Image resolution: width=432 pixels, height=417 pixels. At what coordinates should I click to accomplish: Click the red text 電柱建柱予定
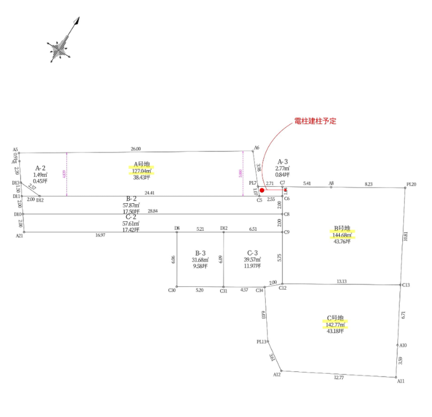(x=315, y=121)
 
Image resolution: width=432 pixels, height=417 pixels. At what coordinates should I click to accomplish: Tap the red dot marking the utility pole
(x=262, y=190)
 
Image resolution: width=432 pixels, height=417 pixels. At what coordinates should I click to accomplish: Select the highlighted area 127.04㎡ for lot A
(x=141, y=171)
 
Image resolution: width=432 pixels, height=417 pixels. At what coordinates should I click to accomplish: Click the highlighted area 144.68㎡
(x=342, y=235)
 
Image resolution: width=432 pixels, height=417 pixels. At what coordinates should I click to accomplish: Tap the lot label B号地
(x=342, y=228)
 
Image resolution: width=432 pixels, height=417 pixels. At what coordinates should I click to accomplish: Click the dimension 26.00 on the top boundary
(x=135, y=149)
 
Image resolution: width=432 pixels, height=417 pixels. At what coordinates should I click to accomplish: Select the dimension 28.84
(x=153, y=210)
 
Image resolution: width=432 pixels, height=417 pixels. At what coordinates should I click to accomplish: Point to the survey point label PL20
(x=410, y=185)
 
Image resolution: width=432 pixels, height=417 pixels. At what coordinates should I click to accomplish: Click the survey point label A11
(x=400, y=381)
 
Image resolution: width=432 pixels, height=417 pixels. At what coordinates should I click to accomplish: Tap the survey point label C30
(x=172, y=290)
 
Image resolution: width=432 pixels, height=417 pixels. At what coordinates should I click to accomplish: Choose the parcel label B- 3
(x=200, y=252)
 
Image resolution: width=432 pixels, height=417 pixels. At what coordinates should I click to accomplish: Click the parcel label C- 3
(x=252, y=252)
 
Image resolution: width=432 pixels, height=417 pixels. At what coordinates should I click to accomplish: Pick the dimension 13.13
(x=342, y=281)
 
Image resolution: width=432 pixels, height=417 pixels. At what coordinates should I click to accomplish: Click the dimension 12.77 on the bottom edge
(x=339, y=378)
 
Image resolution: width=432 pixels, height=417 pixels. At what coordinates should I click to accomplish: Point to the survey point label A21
(x=19, y=235)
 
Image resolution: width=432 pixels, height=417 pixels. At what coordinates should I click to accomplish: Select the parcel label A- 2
(x=40, y=168)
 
